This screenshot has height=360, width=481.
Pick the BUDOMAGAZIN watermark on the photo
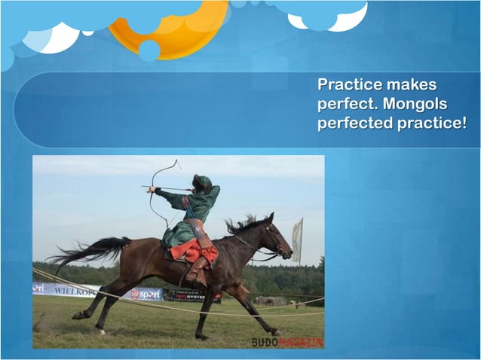pyautogui.click(x=287, y=342)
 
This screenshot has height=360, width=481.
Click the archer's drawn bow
pyautogui.click(x=158, y=192)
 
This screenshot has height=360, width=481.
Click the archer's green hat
pyautogui.click(x=202, y=182)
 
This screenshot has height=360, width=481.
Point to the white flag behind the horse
pyautogui.click(x=297, y=239)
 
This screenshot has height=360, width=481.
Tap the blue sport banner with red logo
pyautogui.click(x=145, y=294)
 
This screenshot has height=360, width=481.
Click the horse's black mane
pyautogui.click(x=241, y=224)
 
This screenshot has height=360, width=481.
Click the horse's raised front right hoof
pyautogui.click(x=274, y=331)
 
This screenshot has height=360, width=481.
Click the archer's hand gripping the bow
pyautogui.click(x=152, y=190)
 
